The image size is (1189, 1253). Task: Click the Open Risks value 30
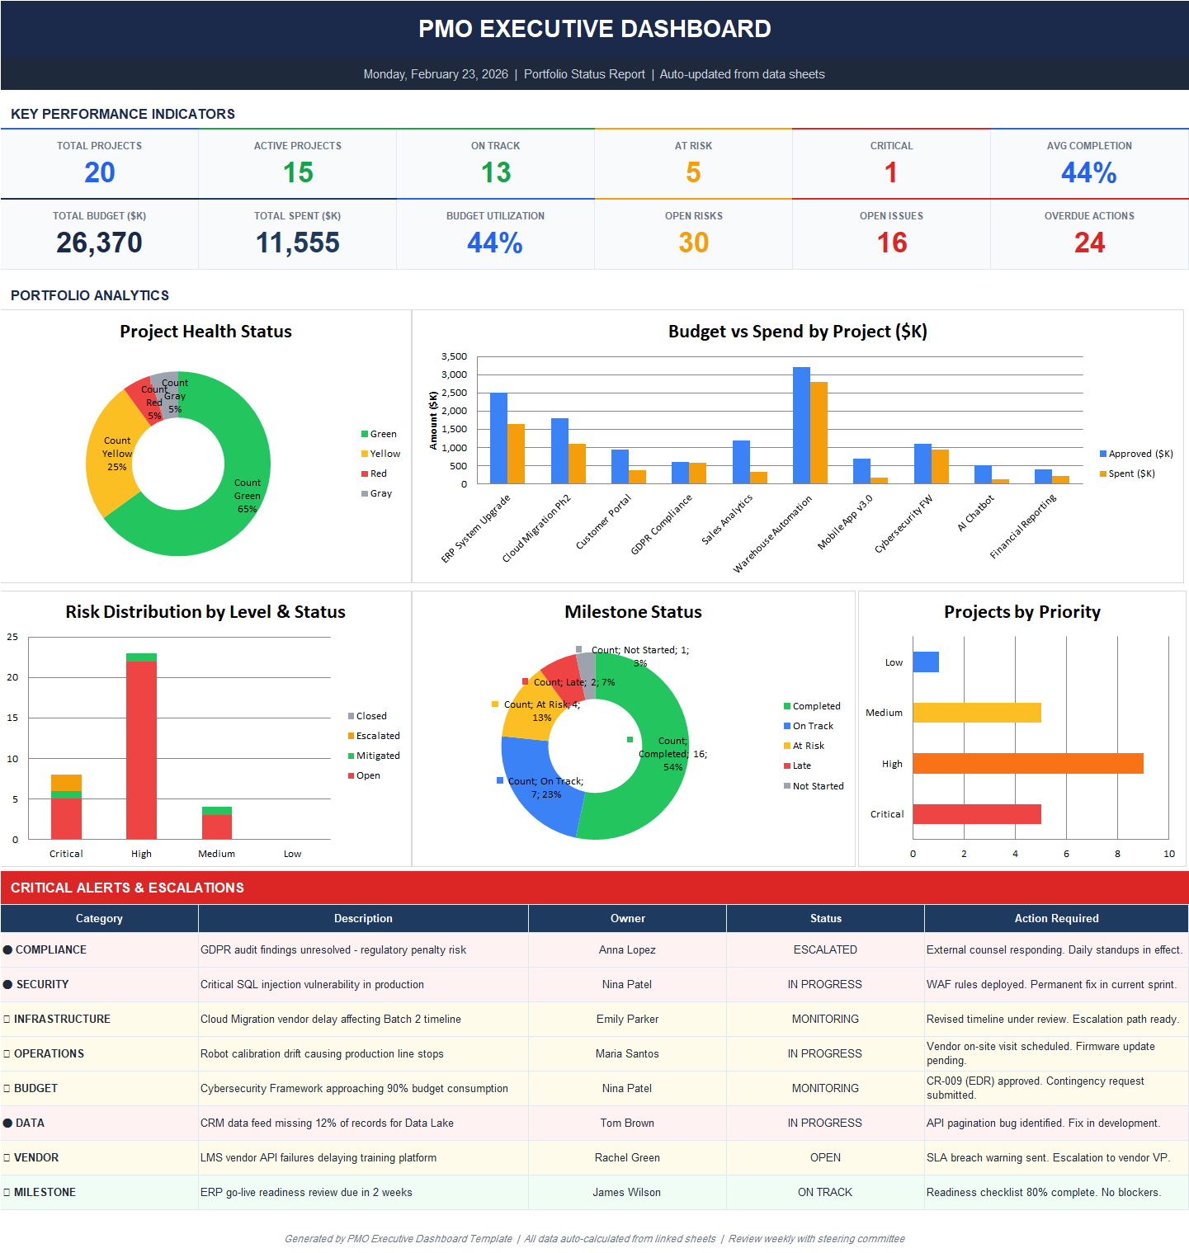[x=693, y=243]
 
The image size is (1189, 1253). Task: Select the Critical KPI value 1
[x=891, y=172]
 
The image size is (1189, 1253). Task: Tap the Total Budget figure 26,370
[x=99, y=243]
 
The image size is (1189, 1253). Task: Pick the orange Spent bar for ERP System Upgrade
[x=516, y=454]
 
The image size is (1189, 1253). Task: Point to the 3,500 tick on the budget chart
[x=454, y=356]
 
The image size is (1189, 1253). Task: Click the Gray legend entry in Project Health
[x=380, y=493]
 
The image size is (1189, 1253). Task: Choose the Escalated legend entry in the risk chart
[x=377, y=736]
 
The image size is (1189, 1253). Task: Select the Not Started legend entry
[x=817, y=786]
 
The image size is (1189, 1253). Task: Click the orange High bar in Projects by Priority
[x=1027, y=764]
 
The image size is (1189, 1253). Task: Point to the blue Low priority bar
[x=926, y=662]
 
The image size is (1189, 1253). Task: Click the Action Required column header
[x=1056, y=918]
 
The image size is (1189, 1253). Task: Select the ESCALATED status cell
[x=825, y=949]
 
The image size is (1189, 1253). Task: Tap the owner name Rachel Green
[x=627, y=1157]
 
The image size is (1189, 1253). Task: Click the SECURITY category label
[x=42, y=984]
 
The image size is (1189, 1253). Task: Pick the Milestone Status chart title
[x=633, y=612]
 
